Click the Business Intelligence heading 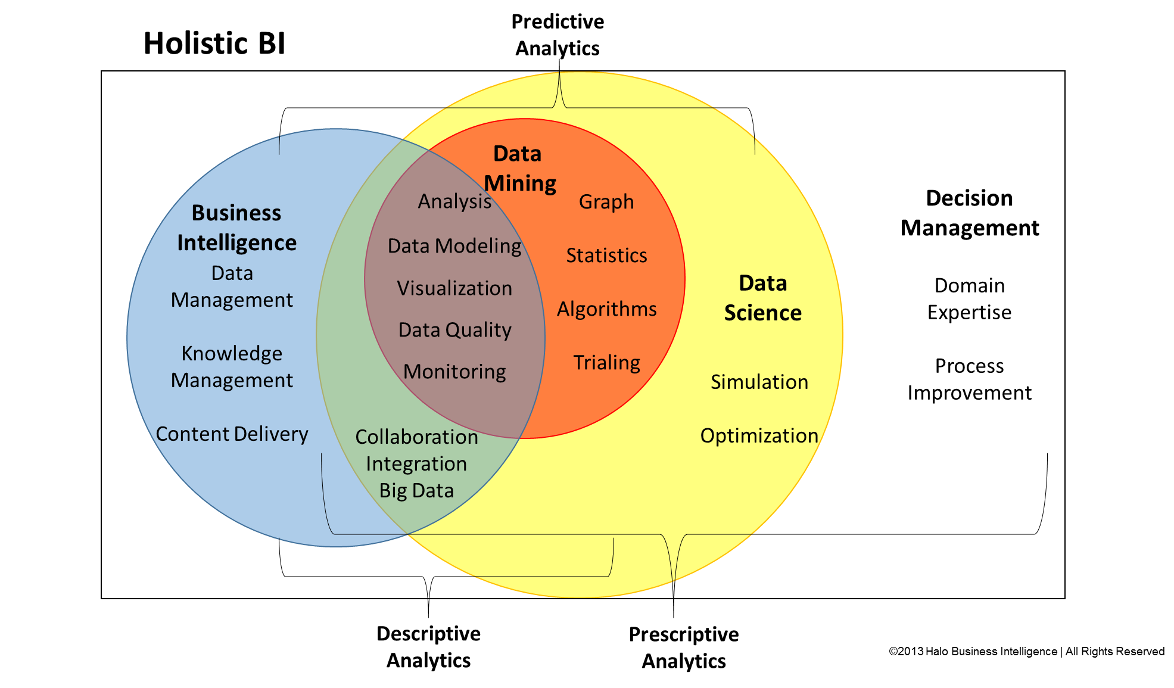pyautogui.click(x=236, y=228)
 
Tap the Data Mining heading pyautogui.click(x=519, y=169)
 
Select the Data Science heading pyautogui.click(x=762, y=298)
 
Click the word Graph pyautogui.click(x=606, y=202)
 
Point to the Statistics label pyautogui.click(x=606, y=256)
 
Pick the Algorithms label pyautogui.click(x=606, y=309)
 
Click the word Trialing pyautogui.click(x=606, y=363)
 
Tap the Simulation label pyautogui.click(x=759, y=382)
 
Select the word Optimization pyautogui.click(x=759, y=435)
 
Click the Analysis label pyautogui.click(x=454, y=201)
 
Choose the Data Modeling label pyautogui.click(x=454, y=246)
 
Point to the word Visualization pyautogui.click(x=454, y=288)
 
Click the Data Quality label pyautogui.click(x=454, y=330)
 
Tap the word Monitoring pyautogui.click(x=454, y=372)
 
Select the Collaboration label pyautogui.click(x=416, y=437)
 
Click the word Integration pyautogui.click(x=416, y=463)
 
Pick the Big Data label pyautogui.click(x=416, y=490)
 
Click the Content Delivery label pyautogui.click(x=232, y=434)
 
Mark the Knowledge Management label pyautogui.click(x=232, y=367)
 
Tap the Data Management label pyautogui.click(x=232, y=287)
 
